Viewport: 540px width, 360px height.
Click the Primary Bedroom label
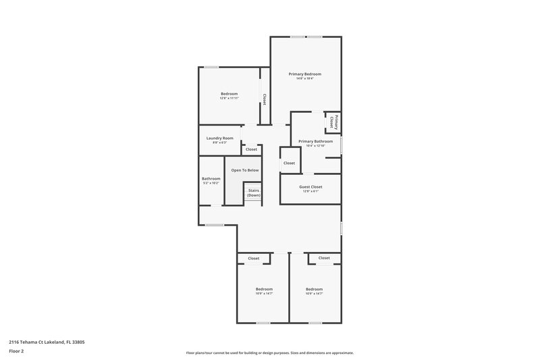pos(304,74)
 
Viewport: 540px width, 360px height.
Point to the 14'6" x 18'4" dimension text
pos(304,78)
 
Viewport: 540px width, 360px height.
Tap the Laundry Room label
pos(220,138)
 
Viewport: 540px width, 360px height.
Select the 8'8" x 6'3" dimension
pos(220,143)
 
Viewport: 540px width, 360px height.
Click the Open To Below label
pos(245,170)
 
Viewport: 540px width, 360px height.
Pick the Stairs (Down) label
pos(254,192)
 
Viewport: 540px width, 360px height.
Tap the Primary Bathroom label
pos(315,141)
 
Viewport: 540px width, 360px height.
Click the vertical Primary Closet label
pos(334,122)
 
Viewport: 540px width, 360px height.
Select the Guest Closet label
pos(311,186)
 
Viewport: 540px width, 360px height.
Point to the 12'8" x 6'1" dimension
pos(311,191)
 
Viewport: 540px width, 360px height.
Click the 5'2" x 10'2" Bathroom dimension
pos(211,183)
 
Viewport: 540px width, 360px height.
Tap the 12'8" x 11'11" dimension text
pos(230,98)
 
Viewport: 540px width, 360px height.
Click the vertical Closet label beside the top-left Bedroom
pos(265,99)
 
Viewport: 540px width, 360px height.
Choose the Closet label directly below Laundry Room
pos(251,149)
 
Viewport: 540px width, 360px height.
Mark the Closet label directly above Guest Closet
pos(289,163)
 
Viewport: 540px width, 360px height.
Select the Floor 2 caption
pos(16,351)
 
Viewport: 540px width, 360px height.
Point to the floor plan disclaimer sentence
pos(270,353)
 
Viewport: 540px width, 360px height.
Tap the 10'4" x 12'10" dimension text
pos(315,146)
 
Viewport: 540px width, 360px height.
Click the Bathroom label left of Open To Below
pos(211,178)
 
